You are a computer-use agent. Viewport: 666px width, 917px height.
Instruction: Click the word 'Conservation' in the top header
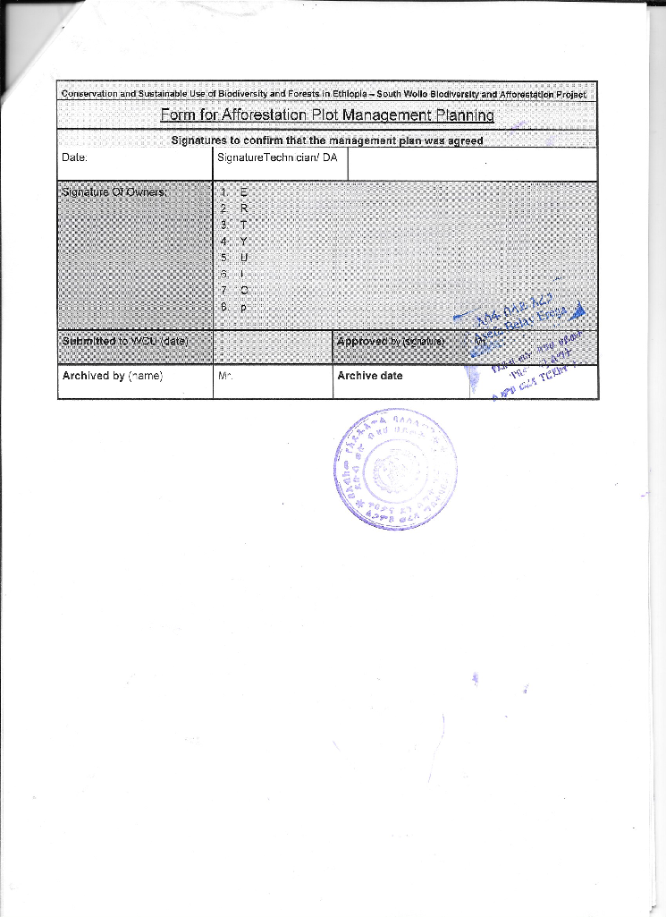point(89,94)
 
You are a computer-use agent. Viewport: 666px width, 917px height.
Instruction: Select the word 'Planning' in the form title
point(462,115)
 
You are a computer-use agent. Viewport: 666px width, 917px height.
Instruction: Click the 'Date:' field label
point(74,157)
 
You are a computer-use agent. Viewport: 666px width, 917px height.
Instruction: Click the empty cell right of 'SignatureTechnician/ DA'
point(471,165)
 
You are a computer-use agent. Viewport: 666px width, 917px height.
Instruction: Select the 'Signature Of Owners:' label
point(114,191)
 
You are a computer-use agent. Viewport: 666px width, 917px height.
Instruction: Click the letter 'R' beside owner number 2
point(243,208)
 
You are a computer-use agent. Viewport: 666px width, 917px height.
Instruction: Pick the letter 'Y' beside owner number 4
point(243,241)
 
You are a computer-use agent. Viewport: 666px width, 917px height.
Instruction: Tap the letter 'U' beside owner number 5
point(243,258)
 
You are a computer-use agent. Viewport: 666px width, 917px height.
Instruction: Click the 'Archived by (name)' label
point(112,376)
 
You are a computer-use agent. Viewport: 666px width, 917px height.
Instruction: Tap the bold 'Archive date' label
point(369,376)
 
